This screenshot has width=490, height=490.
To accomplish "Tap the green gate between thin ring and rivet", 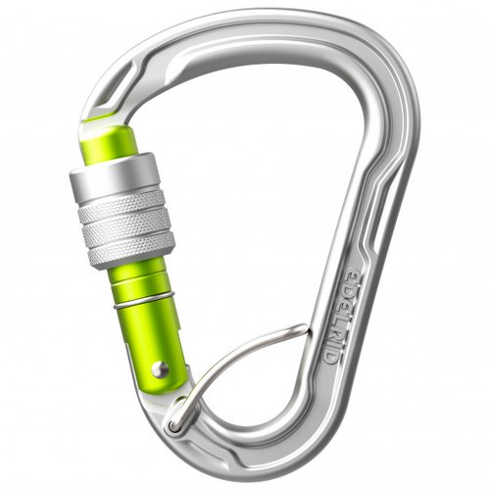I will click(x=155, y=333).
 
